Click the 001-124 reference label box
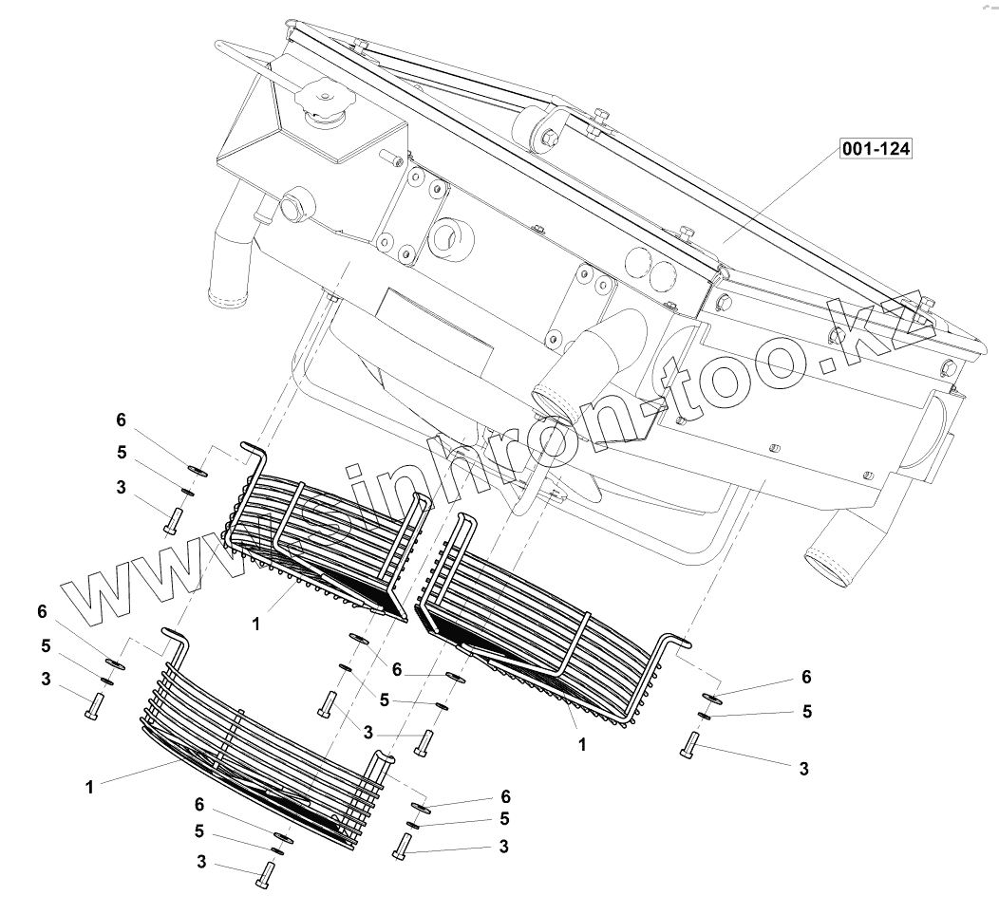point(875,149)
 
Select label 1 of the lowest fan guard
point(88,787)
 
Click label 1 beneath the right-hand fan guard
point(582,745)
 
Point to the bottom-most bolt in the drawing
point(265,873)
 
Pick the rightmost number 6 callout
point(806,677)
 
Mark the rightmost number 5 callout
point(806,710)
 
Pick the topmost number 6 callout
point(121,420)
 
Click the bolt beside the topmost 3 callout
point(175,520)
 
